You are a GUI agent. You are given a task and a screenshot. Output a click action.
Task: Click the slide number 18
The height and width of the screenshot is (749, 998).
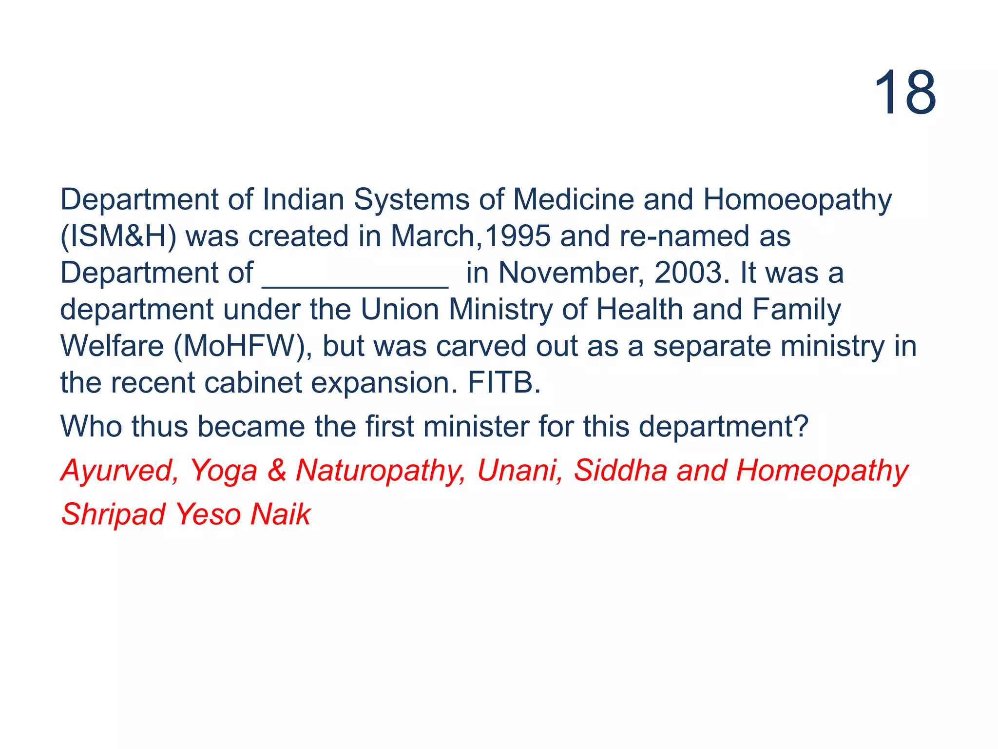pos(905,93)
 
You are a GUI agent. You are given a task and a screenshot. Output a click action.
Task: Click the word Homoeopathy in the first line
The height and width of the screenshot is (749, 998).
pos(797,200)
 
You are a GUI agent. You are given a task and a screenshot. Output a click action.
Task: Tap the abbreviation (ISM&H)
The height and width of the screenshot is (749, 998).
pos(118,237)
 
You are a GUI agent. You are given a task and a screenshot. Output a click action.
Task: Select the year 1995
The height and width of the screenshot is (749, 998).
pos(518,237)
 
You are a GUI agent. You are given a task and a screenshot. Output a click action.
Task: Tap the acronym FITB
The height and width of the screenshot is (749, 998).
pos(503,383)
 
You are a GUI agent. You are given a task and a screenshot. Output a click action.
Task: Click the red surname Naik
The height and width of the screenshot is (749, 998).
pos(280,515)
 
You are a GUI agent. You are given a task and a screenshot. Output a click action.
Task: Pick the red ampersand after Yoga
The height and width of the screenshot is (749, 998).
pos(277,471)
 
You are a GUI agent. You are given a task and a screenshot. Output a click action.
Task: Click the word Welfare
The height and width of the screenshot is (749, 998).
pos(112,347)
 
